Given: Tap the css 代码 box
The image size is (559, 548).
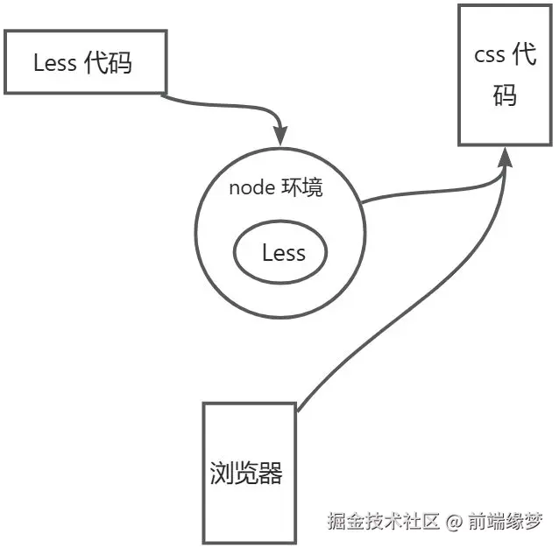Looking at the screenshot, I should [x=503, y=75].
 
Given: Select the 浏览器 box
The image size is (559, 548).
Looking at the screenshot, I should [x=246, y=473].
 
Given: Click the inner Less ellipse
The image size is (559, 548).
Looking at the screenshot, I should [x=280, y=254].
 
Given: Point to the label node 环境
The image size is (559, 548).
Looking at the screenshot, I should [x=276, y=188].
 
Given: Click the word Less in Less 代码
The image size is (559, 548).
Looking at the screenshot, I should [x=54, y=63].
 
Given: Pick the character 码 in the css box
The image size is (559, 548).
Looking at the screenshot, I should [x=504, y=95].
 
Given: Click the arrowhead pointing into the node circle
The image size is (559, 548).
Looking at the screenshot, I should [x=280, y=137].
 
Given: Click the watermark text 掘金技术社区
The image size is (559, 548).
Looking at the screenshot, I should [x=383, y=523].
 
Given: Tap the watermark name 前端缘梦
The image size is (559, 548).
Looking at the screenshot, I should [x=506, y=523].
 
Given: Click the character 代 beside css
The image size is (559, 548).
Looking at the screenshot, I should [x=523, y=56].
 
